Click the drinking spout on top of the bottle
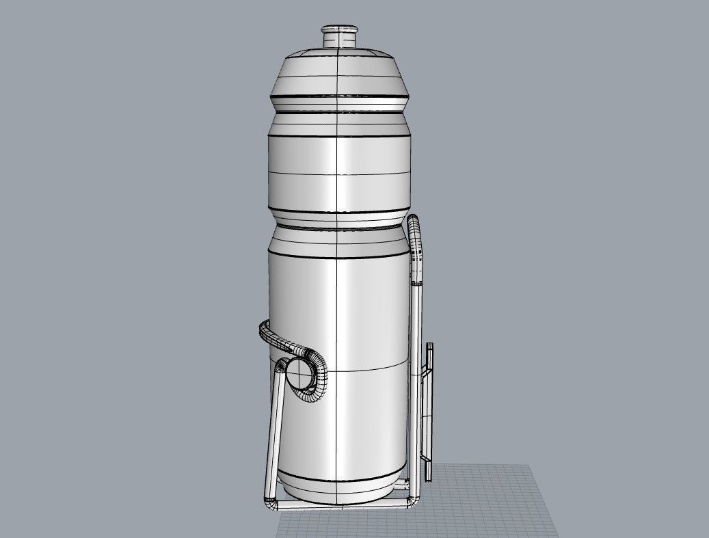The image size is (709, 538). click(x=339, y=35)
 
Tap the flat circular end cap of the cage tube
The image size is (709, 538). click(x=298, y=373)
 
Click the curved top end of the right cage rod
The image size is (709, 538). click(x=414, y=226)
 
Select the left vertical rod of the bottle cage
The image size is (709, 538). click(x=276, y=431)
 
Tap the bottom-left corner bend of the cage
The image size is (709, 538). click(x=271, y=503)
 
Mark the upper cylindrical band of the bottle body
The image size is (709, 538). click(x=339, y=171)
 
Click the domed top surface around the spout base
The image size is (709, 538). click(x=339, y=52)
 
